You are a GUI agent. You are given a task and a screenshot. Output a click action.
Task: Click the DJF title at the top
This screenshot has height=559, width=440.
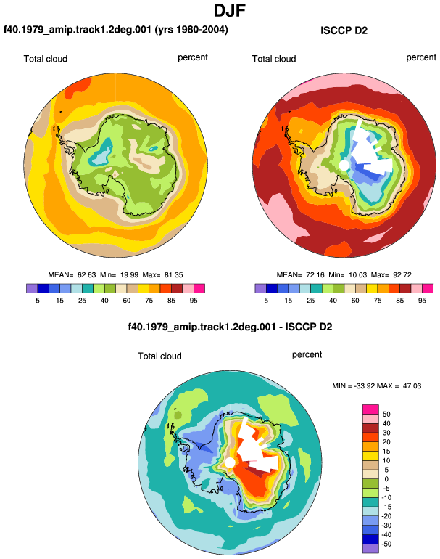[x=230, y=11]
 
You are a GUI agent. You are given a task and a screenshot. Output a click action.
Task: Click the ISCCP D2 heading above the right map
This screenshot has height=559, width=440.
[x=344, y=30]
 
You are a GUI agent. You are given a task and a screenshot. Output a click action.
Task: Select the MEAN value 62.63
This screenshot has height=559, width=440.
[x=87, y=275]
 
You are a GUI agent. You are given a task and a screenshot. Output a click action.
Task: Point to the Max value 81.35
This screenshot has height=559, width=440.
[x=174, y=275]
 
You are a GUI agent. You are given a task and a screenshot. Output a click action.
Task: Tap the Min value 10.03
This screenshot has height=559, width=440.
[x=357, y=275]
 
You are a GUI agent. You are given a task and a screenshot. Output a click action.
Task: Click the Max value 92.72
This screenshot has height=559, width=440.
[x=402, y=275]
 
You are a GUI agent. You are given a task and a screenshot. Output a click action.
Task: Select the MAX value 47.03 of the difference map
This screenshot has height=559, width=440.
[x=412, y=386]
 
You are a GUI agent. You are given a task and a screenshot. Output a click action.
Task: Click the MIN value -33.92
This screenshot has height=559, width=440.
[x=365, y=386]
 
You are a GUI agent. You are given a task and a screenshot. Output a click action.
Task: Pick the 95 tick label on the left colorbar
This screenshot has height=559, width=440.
[x=194, y=301]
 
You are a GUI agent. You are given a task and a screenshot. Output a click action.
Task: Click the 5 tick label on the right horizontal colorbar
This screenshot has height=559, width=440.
[x=266, y=301]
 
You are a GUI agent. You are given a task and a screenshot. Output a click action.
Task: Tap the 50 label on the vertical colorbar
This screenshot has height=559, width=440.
[x=386, y=415]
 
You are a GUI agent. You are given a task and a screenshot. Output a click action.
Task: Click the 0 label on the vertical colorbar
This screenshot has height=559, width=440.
[x=386, y=479]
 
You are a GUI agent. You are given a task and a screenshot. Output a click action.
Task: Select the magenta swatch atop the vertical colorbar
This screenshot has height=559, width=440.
[x=370, y=409]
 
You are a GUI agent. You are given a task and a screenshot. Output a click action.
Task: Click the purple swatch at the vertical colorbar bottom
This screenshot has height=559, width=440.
[x=370, y=549]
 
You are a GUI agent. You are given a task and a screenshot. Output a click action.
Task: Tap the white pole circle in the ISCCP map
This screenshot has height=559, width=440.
[x=344, y=166]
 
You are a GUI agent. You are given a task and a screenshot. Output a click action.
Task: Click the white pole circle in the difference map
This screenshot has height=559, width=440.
[x=230, y=462]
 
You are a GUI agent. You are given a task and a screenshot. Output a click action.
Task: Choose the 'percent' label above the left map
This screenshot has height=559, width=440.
[x=193, y=58]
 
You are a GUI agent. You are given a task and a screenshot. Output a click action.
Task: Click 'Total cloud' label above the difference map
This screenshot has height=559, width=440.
[x=160, y=356]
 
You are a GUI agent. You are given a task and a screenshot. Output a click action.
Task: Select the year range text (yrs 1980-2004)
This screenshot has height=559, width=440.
[x=191, y=30]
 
